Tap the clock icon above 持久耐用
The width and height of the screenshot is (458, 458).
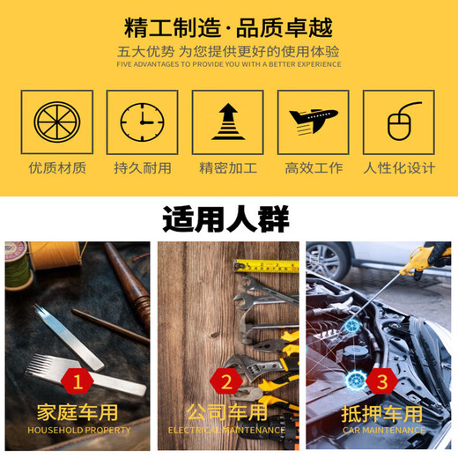click(x=141, y=122)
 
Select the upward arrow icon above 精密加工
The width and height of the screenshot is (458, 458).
click(x=228, y=122)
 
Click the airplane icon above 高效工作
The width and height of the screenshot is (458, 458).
click(x=313, y=122)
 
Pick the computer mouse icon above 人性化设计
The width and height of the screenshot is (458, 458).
click(x=398, y=122)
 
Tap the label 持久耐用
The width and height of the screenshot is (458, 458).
click(x=142, y=167)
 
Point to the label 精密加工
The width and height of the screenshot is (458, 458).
click(x=228, y=167)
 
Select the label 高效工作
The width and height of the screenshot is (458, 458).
click(x=314, y=167)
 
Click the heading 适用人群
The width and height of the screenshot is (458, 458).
click(x=226, y=218)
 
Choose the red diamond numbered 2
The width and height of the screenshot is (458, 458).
click(x=227, y=381)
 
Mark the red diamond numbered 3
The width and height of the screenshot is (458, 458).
click(x=381, y=381)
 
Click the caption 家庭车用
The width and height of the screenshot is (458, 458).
click(x=78, y=412)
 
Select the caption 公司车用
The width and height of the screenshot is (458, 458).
click(x=226, y=412)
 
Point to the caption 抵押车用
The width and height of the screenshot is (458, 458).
click(x=380, y=412)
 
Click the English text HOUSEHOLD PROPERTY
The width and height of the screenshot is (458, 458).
click(x=78, y=430)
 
